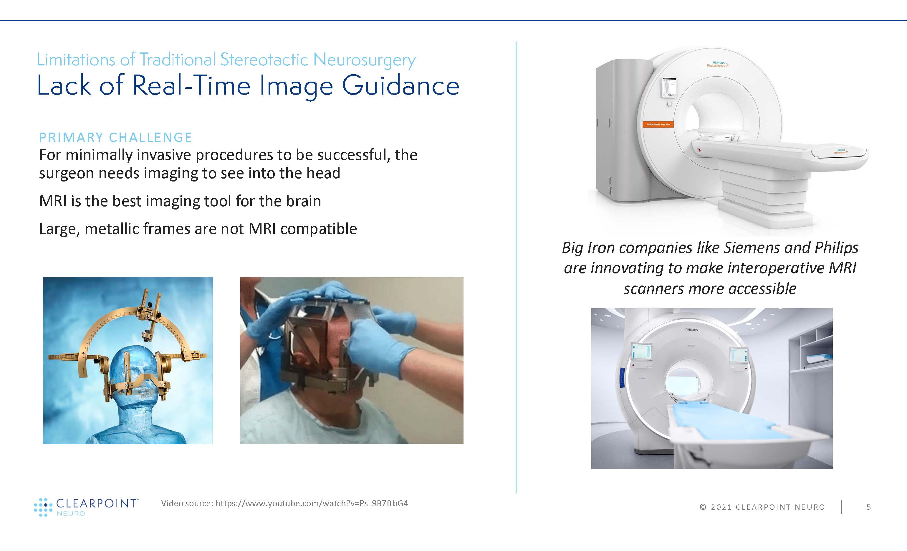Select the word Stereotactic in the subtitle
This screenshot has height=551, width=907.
point(264,60)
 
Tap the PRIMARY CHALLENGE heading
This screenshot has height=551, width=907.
point(115,137)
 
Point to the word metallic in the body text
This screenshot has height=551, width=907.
point(112,229)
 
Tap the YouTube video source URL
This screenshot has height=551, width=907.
point(312,504)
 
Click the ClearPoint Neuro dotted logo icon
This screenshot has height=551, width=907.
point(41,507)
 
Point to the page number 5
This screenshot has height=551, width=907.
point(868,507)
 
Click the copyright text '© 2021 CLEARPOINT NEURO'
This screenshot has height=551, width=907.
point(762,507)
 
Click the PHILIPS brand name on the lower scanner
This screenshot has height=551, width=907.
point(691,330)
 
